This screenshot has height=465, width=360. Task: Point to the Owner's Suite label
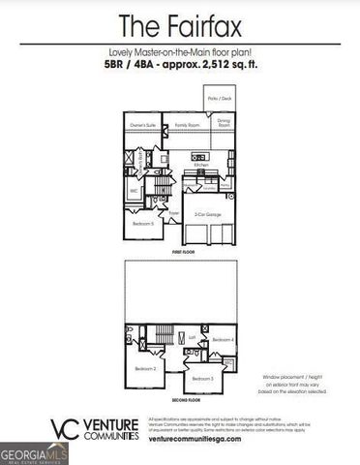[143, 125]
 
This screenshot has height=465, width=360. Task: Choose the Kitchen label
[200, 166]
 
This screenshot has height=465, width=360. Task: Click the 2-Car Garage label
[205, 214]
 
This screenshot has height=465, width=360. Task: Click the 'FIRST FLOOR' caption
[183, 250]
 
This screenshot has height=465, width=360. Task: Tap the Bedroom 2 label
[145, 369]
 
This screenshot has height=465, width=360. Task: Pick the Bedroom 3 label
[201, 378]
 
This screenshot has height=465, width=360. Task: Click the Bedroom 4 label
[223, 340]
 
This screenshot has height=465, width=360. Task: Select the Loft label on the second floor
[192, 338]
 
